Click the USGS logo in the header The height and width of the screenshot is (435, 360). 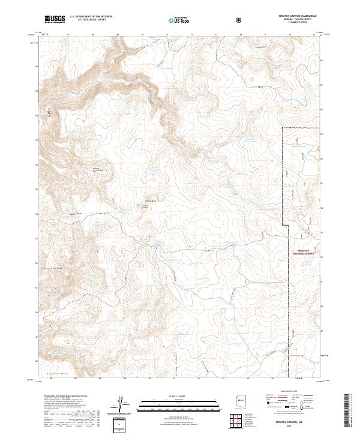point(55,19)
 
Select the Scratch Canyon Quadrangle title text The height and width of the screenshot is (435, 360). point(293,16)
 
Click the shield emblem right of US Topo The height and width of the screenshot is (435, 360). point(239,19)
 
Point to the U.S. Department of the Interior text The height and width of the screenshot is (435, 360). point(90,17)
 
